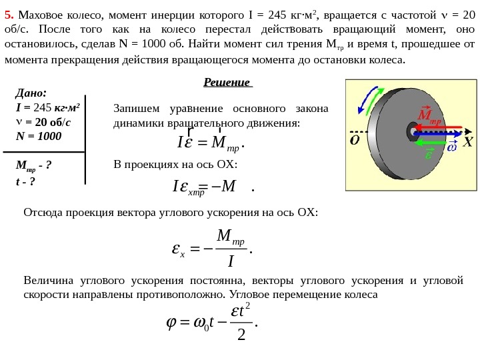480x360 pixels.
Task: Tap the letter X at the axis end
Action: pyautogui.click(x=467, y=143)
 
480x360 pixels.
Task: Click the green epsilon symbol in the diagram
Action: pyautogui.click(x=429, y=154)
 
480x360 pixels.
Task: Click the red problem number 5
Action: pyautogui.click(x=8, y=15)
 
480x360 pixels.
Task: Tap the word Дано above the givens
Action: pyautogui.click(x=31, y=93)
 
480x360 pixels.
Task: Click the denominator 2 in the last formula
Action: pyautogui.click(x=241, y=333)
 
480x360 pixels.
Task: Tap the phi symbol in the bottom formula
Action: pyautogui.click(x=171, y=322)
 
